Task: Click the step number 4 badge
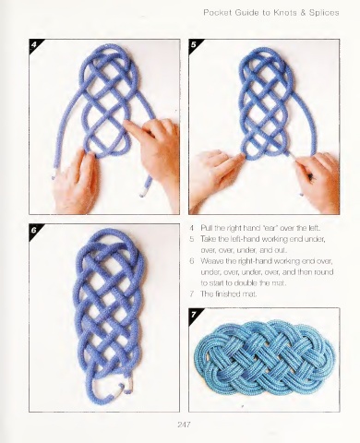[x=34, y=44]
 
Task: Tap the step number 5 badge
[x=193, y=44]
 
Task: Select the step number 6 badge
[x=34, y=230]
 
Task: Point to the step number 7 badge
[x=193, y=314]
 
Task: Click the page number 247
[x=184, y=425]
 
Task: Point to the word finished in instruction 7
[x=227, y=293]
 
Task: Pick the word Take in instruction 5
[x=208, y=239]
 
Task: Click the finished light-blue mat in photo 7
[x=265, y=359]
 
